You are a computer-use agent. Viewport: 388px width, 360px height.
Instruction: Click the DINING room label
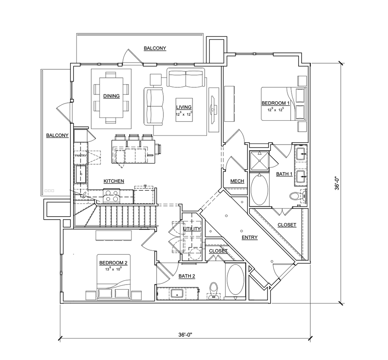pyautogui.click(x=111, y=96)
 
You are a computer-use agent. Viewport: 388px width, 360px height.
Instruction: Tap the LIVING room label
pyautogui.click(x=184, y=107)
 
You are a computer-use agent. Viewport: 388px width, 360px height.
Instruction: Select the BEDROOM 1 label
pyautogui.click(x=275, y=103)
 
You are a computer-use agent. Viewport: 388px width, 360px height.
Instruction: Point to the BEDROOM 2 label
pyautogui.click(x=113, y=263)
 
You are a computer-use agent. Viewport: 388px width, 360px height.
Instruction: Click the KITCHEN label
pyautogui.click(x=114, y=181)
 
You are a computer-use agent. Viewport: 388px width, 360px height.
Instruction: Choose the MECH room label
pyautogui.click(x=238, y=181)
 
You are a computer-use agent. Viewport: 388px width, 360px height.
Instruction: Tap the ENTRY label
pyautogui.click(x=250, y=237)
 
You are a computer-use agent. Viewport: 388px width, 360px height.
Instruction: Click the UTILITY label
pyautogui.click(x=192, y=229)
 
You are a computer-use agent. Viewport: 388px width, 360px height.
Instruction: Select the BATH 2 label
pyautogui.click(x=187, y=276)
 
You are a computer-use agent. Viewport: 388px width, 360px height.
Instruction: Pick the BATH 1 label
pyautogui.click(x=284, y=174)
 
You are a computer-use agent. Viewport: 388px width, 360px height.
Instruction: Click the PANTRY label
pyautogui.click(x=81, y=156)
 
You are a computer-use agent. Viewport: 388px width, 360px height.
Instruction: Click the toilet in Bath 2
pyautogui.click(x=214, y=290)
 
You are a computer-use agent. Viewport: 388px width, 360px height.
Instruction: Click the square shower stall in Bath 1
pyautogui.click(x=259, y=160)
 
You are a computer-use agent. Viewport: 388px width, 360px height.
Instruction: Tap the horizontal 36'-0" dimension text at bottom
pyautogui.click(x=186, y=335)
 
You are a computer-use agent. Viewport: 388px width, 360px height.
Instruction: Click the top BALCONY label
pyautogui.click(x=155, y=48)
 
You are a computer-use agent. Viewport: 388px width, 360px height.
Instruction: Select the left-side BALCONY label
pyautogui.click(x=57, y=135)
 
